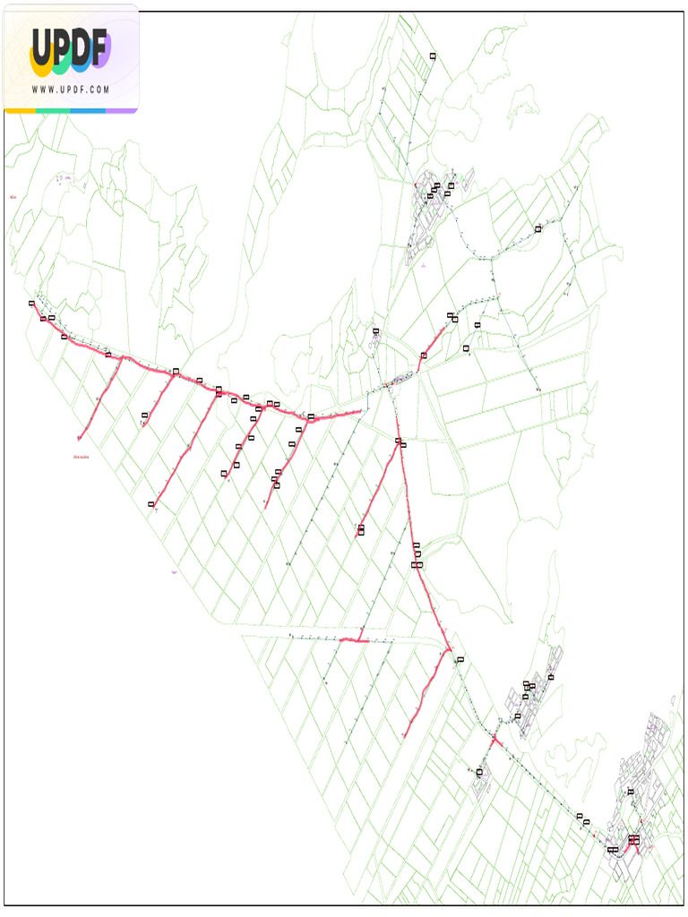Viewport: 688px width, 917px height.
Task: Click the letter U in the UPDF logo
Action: point(43,49)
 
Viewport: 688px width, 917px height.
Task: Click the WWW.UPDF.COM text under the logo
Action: point(70,90)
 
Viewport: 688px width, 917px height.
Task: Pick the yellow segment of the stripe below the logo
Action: point(20,111)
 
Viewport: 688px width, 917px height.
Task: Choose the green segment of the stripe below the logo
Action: point(53,111)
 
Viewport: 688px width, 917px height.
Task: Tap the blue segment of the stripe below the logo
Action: point(88,111)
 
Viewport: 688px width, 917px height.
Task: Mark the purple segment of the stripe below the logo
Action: point(122,111)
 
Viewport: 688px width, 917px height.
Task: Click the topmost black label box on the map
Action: point(433,56)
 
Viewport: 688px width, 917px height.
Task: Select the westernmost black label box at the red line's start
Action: point(31,304)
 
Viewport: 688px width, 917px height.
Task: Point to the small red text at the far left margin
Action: point(13,197)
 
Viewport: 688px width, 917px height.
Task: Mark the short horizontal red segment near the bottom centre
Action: point(355,640)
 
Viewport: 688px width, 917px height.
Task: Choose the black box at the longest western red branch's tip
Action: point(151,505)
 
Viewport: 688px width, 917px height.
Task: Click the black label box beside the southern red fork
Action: point(460,660)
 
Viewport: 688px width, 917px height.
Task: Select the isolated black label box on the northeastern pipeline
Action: point(538,229)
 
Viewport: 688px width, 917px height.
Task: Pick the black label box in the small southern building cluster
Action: point(480,772)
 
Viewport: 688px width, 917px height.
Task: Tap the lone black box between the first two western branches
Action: point(145,416)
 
